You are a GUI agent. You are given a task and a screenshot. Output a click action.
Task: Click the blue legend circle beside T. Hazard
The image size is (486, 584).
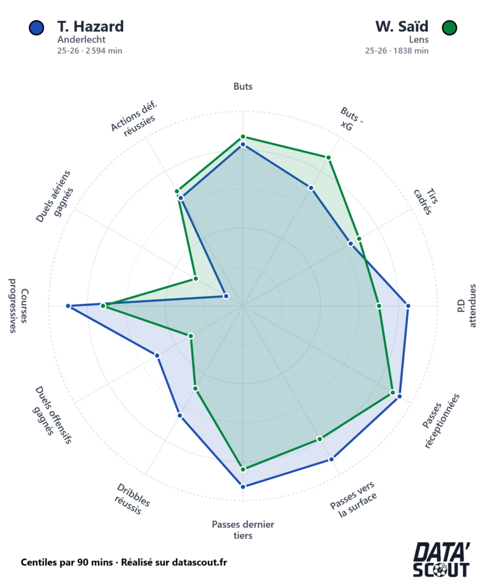click(36, 27)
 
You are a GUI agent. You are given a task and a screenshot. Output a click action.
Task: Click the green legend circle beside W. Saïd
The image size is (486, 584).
click(450, 27)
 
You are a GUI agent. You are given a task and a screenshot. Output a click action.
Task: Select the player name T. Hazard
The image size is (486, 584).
click(90, 26)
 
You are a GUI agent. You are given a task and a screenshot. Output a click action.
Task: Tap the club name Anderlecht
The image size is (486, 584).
click(81, 40)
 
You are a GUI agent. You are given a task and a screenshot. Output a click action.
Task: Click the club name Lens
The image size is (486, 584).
click(419, 40)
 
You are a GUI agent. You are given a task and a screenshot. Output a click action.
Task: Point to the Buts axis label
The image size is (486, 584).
click(243, 87)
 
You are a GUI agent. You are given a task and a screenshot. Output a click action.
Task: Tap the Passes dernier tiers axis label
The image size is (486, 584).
click(243, 530)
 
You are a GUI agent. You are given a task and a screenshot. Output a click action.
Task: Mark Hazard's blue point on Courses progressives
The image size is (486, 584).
click(68, 306)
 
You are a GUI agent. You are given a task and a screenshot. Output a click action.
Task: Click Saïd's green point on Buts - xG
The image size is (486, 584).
click(329, 157)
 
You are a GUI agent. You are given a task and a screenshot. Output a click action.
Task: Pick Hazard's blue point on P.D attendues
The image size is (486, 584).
click(407, 306)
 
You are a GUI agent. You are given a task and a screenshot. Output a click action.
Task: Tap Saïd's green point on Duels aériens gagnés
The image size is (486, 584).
click(195, 279)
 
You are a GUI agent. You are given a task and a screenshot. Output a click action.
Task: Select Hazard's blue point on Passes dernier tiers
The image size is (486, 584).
click(243, 486)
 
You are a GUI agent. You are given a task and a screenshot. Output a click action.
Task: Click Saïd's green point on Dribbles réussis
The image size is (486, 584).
click(195, 388)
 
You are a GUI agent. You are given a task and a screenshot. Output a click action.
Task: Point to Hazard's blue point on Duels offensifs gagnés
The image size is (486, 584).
click(157, 355)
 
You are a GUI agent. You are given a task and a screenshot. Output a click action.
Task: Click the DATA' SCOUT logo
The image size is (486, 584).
click(442, 560)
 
